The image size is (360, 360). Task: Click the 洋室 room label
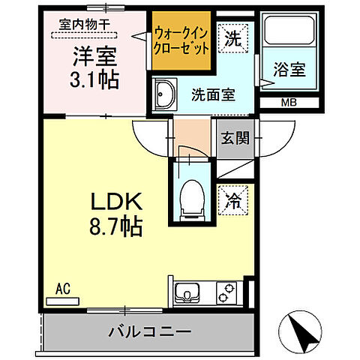click(95, 55)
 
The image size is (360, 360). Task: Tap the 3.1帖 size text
click(95, 79)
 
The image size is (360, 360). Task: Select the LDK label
click(117, 202)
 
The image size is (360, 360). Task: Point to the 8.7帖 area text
click(117, 225)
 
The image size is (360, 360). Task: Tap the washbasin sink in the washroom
click(163, 95)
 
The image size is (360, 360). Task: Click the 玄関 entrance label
click(232, 139)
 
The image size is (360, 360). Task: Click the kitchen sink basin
click(186, 292)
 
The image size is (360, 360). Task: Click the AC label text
click(62, 287)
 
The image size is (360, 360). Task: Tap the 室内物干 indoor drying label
click(85, 24)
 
